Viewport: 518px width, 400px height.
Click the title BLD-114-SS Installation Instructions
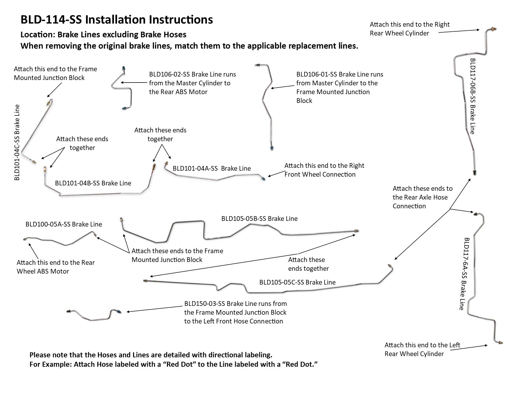(x=116, y=19)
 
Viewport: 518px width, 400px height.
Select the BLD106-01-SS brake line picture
(x=266, y=104)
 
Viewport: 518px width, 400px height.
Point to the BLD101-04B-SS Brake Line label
(x=93, y=183)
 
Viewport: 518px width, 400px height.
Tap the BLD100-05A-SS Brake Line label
(x=64, y=224)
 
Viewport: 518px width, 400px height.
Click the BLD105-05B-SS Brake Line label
(x=259, y=219)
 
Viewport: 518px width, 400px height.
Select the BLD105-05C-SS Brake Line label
(x=297, y=282)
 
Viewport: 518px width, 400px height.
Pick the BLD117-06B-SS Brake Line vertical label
(x=472, y=96)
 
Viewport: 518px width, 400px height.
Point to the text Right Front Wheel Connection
(x=324, y=170)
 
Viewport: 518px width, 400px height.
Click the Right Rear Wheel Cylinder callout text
(x=409, y=29)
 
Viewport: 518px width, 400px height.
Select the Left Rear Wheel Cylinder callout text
(x=422, y=349)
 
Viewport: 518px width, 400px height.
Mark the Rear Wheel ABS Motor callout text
(x=56, y=267)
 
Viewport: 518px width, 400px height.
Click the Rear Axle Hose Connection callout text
(x=422, y=197)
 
